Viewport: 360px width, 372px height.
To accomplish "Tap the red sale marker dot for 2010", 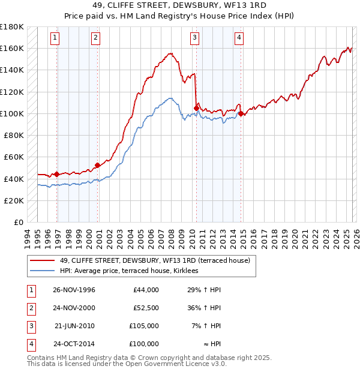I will point(196,108).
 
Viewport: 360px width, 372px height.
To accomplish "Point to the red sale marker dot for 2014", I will point(241,113).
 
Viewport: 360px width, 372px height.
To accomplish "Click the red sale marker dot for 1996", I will point(56,174).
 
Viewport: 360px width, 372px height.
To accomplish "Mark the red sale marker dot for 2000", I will point(97,165).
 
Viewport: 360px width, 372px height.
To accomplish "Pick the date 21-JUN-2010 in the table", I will point(74,326).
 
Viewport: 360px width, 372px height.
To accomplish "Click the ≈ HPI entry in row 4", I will point(210,344).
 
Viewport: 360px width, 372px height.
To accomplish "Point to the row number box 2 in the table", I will point(31,308).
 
